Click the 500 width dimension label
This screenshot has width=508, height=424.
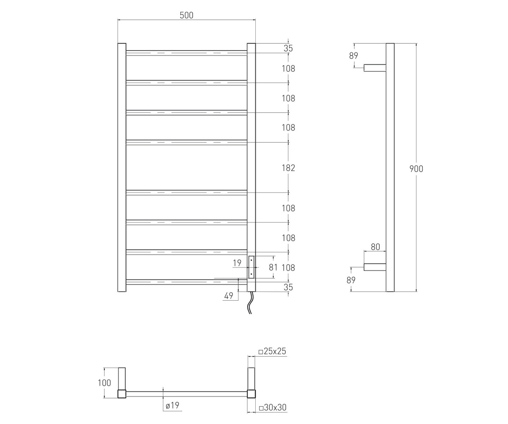pyautogui.click(x=187, y=15)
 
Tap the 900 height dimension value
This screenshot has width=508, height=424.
pyautogui.click(x=416, y=169)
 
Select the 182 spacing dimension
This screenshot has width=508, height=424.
pyautogui.click(x=288, y=168)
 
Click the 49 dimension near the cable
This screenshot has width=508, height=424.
pyautogui.click(x=229, y=296)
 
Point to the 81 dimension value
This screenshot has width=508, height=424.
pyautogui.click(x=273, y=267)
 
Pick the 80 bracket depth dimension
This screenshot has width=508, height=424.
pyautogui.click(x=375, y=247)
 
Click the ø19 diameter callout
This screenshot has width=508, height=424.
pyautogui.click(x=172, y=405)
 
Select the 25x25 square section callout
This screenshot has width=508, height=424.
pyautogui.click(x=272, y=351)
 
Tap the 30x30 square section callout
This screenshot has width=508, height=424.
pyautogui.click(x=273, y=407)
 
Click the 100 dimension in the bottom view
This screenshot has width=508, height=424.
pyautogui.click(x=105, y=383)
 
